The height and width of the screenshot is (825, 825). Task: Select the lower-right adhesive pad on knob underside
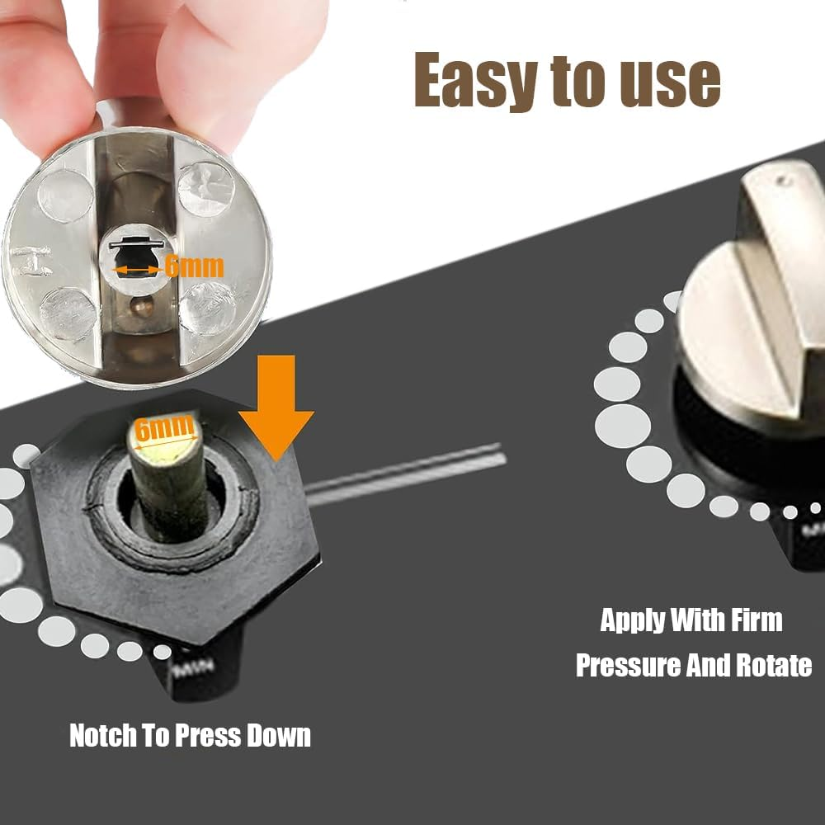coord(206,307)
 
